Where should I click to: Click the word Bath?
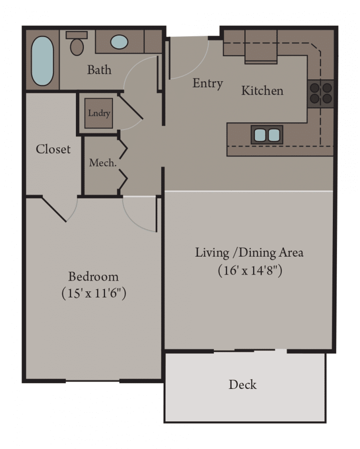click(99, 70)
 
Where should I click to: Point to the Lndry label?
click(98, 113)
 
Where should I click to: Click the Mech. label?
click(102, 163)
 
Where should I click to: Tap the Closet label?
click(53, 149)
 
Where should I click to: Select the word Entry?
click(208, 84)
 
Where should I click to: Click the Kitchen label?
click(262, 91)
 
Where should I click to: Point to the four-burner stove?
click(321, 93)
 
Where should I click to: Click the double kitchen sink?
click(267, 135)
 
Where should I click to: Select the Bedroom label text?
click(93, 276)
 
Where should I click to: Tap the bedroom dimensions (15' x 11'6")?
click(94, 294)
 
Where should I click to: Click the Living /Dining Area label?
click(249, 252)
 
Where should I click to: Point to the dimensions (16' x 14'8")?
click(249, 271)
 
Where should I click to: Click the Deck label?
click(242, 385)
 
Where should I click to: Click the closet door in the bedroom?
click(54, 209)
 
